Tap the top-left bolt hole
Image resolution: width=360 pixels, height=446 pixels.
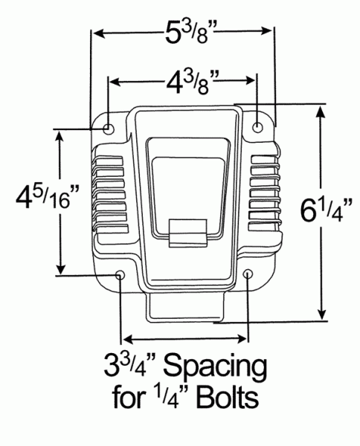click(x=109, y=128)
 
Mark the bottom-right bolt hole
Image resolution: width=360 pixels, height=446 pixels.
click(x=248, y=277)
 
